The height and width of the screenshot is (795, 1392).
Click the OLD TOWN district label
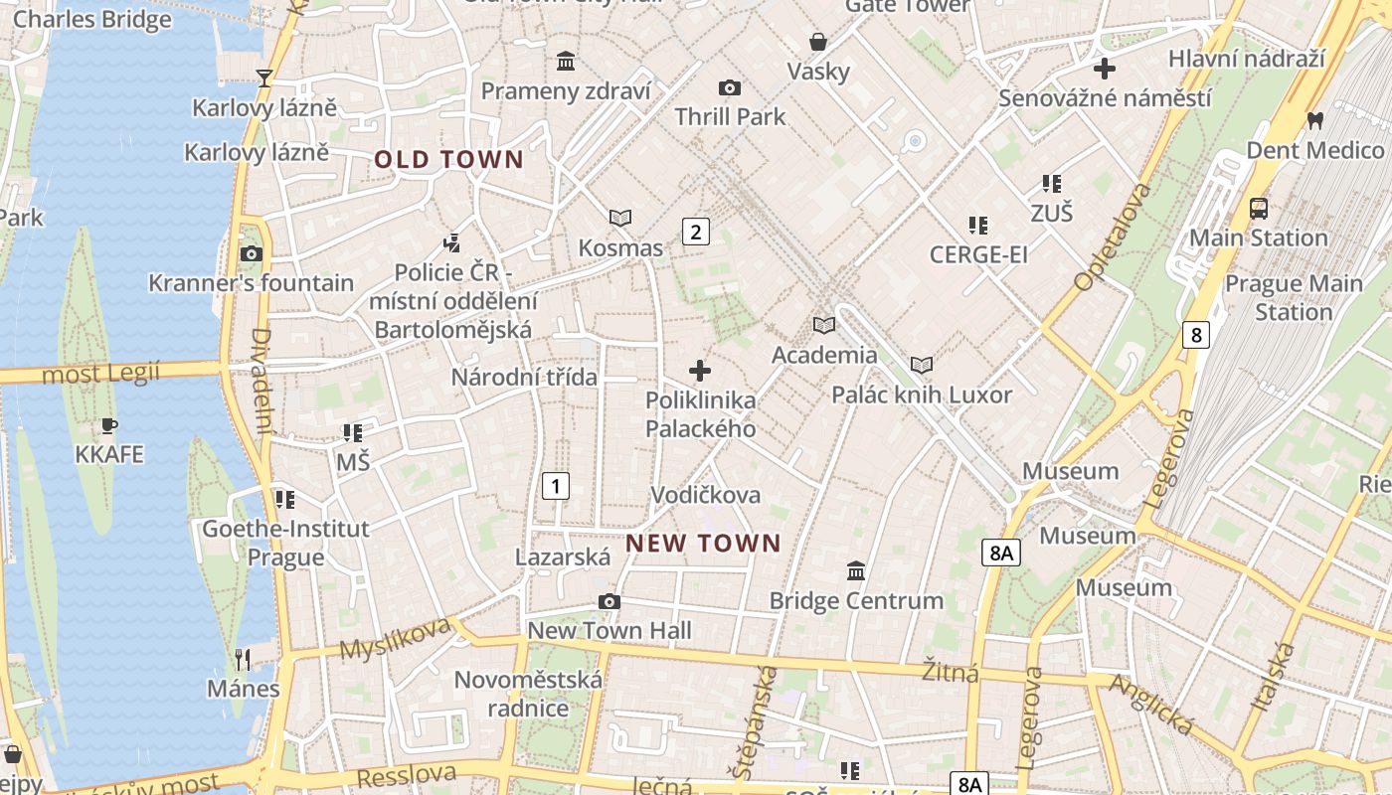click(x=448, y=159)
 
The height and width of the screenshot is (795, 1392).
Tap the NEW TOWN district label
click(x=704, y=543)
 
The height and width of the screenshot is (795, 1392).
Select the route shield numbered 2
click(x=695, y=232)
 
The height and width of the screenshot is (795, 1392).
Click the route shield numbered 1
click(x=556, y=486)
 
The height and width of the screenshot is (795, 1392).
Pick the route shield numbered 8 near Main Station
click(x=1195, y=335)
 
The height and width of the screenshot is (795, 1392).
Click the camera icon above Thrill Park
click(x=730, y=88)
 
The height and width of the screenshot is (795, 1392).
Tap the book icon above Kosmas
click(x=620, y=218)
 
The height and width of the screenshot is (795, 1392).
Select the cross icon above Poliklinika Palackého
click(x=700, y=371)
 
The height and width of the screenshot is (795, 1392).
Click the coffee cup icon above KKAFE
click(x=109, y=426)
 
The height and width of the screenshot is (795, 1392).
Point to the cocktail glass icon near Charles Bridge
click(x=264, y=78)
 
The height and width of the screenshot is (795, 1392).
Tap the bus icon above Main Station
click(x=1259, y=209)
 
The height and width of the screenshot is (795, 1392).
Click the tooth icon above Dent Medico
click(x=1314, y=121)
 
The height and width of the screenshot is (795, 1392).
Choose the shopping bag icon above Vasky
click(x=818, y=42)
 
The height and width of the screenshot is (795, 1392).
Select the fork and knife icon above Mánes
click(x=242, y=658)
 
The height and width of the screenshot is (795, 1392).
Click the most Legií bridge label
click(x=101, y=374)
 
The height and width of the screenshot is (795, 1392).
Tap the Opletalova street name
click(x=1113, y=237)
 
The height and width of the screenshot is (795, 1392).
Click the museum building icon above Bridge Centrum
click(x=856, y=571)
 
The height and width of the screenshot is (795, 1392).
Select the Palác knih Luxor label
click(x=922, y=395)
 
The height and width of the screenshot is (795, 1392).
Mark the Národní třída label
click(x=524, y=377)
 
